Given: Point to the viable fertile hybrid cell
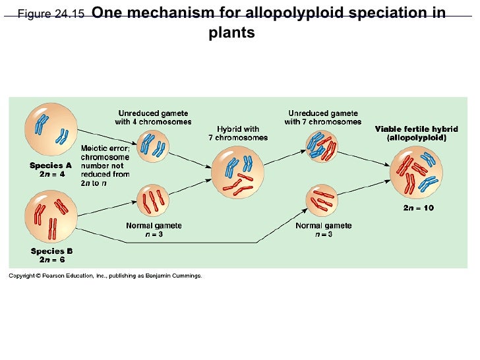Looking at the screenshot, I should [416, 172].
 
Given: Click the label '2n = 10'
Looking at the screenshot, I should [419, 208].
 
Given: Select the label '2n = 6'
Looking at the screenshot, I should [51, 260].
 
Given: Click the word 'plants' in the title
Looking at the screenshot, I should [231, 32].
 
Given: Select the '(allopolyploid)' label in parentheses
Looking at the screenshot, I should [416, 138].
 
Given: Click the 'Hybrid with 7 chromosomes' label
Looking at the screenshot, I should [238, 133].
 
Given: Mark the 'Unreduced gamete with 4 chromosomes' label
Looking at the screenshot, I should [153, 117].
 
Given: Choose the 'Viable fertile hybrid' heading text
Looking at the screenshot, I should [416, 129].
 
